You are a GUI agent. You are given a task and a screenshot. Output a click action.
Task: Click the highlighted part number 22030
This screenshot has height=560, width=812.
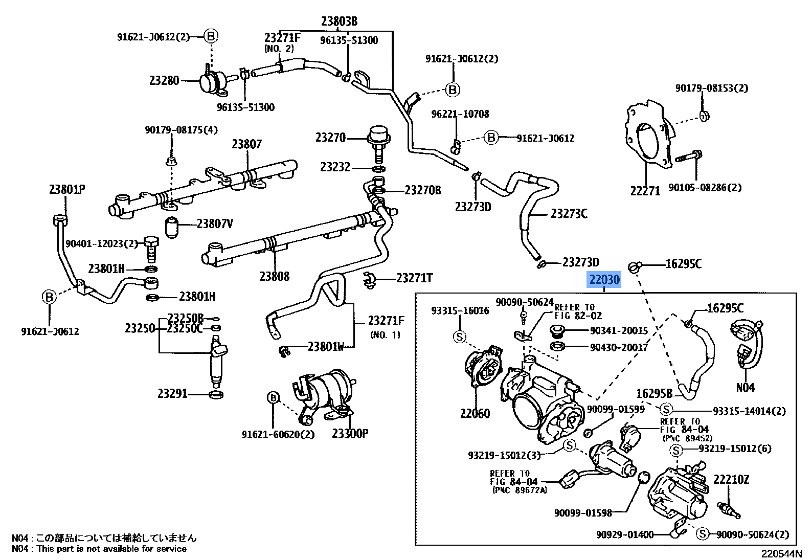604,280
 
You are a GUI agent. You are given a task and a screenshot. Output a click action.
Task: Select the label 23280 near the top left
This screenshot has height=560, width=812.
164,80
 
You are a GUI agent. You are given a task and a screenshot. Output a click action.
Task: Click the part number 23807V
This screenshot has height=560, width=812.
215,223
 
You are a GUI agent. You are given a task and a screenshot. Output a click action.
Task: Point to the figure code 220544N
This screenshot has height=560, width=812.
781,554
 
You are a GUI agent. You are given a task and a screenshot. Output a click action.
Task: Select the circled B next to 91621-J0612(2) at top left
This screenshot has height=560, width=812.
211,36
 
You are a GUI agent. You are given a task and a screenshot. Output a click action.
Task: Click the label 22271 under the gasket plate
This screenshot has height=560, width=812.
645,191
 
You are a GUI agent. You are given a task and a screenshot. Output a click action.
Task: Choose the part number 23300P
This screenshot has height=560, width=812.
350,434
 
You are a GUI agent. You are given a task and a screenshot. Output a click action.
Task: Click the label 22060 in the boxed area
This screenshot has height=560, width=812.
475,413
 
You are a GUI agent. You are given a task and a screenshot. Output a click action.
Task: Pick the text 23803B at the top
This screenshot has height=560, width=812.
339,21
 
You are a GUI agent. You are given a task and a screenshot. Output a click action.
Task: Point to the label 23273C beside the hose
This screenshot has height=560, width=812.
569,213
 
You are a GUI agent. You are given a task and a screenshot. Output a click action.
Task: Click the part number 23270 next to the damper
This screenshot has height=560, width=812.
330,138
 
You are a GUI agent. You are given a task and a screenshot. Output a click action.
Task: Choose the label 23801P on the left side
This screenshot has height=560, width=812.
67,189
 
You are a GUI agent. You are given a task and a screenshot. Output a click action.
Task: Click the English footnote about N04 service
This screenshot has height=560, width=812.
99,549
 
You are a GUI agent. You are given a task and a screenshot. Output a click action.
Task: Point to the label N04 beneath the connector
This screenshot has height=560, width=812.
745,388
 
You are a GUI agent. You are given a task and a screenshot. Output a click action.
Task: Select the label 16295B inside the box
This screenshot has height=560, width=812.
654,393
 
